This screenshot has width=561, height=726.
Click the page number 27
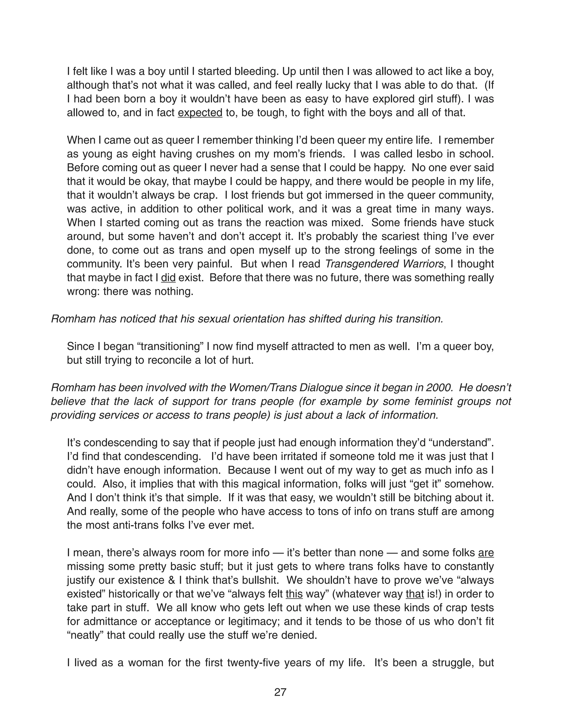[x=280, y=692]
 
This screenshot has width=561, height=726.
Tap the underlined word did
[x=168, y=278]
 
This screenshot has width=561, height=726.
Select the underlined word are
[x=486, y=553]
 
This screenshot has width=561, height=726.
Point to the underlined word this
[x=294, y=594]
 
